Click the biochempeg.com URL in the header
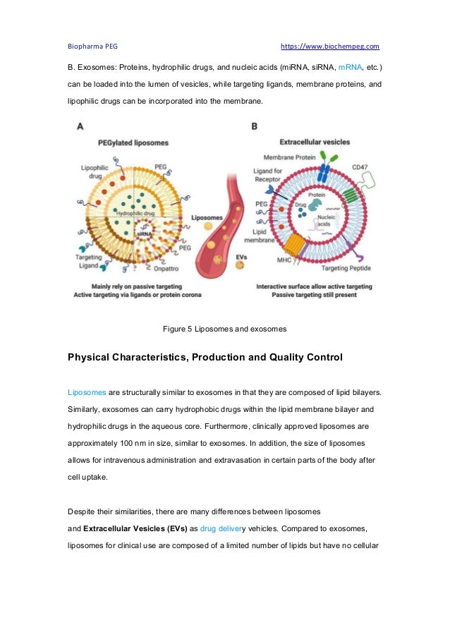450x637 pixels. click(330, 47)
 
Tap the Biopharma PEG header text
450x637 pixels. click(92, 47)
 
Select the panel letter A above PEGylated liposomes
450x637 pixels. click(81, 126)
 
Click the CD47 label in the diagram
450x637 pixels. click(360, 166)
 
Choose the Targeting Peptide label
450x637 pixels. click(342, 269)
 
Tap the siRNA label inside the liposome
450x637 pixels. click(144, 233)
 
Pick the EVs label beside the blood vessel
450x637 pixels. click(241, 257)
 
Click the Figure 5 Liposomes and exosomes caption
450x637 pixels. click(224, 329)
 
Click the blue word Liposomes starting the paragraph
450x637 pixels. click(87, 391)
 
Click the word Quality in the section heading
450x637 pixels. click(276, 358)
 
